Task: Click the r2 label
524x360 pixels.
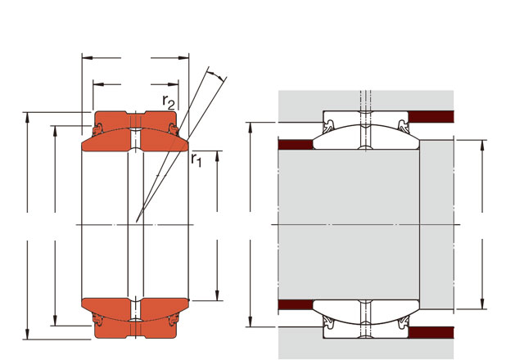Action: [x=169, y=101]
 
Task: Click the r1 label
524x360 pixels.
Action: [x=196, y=160]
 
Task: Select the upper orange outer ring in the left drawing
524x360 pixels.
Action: [x=135, y=121]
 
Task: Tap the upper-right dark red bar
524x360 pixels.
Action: [x=431, y=117]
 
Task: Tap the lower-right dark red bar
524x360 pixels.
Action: [x=431, y=333]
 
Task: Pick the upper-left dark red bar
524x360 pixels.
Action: [x=296, y=145]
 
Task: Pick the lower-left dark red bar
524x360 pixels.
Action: [x=296, y=304]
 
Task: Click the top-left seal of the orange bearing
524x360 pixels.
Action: [x=97, y=129]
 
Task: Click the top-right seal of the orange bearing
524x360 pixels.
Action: [x=174, y=129]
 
